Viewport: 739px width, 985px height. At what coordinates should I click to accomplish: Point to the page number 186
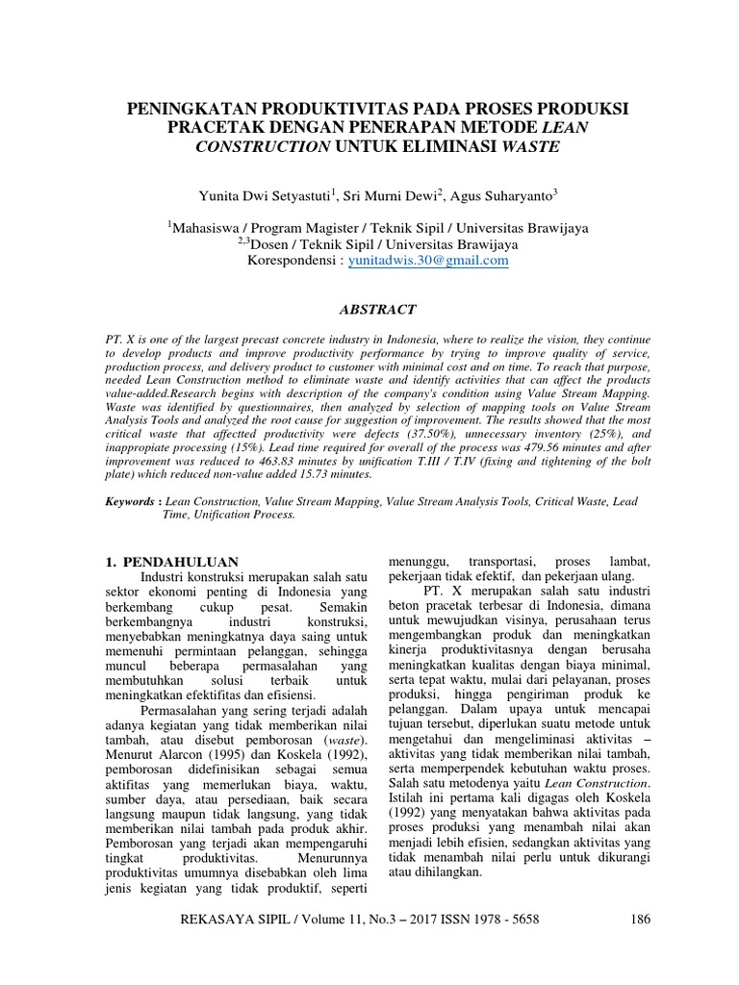pos(641,919)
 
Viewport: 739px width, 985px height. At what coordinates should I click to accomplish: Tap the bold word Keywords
pos(132,501)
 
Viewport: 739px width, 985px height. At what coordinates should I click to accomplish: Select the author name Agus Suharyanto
pos(507,197)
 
